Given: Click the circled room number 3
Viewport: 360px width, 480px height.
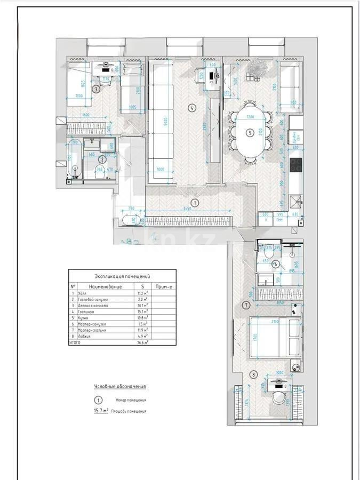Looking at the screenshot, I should click(x=96, y=90).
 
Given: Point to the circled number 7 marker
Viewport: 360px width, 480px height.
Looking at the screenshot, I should click(x=246, y=306).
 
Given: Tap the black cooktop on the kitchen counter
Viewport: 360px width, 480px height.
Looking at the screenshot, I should click(x=295, y=164).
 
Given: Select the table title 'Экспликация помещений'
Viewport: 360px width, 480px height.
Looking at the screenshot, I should click(x=122, y=277).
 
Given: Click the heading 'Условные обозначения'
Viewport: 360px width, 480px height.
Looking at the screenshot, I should click(x=119, y=386).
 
